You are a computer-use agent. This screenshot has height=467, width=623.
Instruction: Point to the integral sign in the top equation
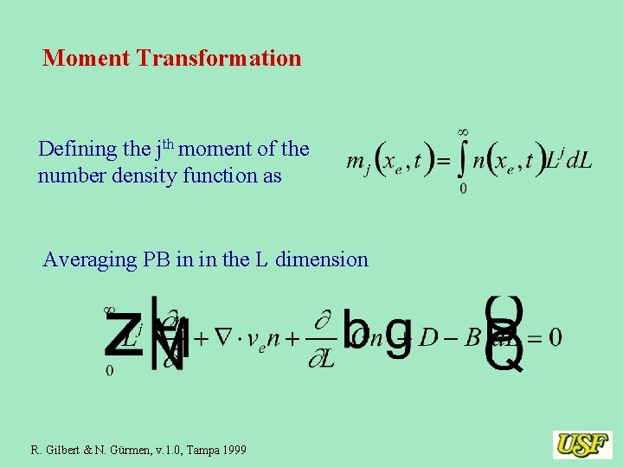464,161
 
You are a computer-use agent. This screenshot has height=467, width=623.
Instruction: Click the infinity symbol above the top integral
463,131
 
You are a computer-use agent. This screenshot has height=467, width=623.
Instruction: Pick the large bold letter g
398,334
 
